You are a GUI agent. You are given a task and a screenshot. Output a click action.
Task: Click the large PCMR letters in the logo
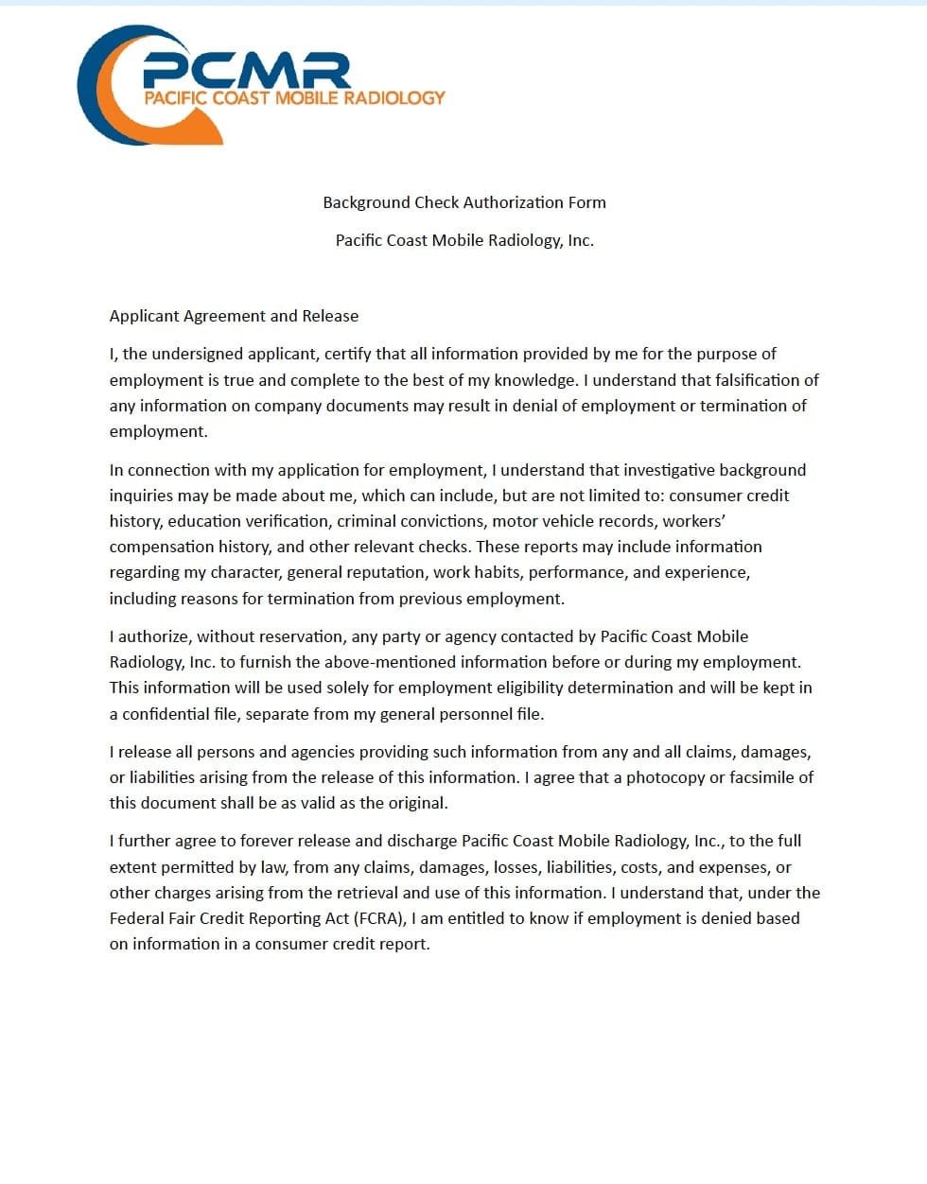click(246, 68)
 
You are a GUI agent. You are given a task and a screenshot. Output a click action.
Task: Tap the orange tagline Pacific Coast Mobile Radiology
click(294, 97)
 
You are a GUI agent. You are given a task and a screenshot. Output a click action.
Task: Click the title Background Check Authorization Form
click(464, 202)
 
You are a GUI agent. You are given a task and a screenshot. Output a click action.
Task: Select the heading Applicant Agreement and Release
click(234, 316)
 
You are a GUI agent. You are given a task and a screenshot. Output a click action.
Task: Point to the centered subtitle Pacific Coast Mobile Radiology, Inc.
click(464, 240)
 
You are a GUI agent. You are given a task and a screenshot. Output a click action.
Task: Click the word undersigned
click(197, 355)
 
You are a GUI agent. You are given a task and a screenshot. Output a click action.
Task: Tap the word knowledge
click(536, 380)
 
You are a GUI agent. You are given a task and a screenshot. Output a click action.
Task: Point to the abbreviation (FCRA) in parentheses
click(380, 918)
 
